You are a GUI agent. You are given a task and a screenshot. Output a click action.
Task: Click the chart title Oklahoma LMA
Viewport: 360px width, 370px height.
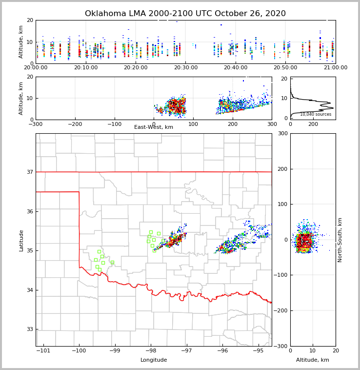[x=185, y=14]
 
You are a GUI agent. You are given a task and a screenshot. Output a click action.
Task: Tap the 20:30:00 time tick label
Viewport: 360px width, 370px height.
[x=186, y=68]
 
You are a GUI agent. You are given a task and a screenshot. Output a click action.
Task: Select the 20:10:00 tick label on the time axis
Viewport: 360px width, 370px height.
[x=86, y=68]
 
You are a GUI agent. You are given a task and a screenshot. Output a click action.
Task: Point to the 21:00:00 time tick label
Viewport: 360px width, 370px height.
[x=335, y=68]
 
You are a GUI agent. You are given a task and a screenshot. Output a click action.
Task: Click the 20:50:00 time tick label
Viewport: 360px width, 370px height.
[x=285, y=68]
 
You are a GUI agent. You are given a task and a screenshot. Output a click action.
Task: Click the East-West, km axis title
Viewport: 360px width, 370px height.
[x=154, y=127]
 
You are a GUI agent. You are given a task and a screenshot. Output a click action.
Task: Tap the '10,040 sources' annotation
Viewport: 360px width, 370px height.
[x=316, y=114]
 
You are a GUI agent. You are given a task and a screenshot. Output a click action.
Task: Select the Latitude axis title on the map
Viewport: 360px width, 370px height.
[x=21, y=240]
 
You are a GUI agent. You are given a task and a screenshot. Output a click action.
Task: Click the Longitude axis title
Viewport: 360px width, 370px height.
[x=154, y=360]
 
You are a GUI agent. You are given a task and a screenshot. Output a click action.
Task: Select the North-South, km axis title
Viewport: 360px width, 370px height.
[x=340, y=240]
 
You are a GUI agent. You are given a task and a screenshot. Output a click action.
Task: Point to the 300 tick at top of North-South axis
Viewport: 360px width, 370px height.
[x=282, y=134]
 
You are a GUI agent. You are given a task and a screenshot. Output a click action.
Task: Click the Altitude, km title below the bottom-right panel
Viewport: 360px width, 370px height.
[x=313, y=360]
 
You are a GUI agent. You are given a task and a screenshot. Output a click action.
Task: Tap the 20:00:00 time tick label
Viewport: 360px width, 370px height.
[x=36, y=68]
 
